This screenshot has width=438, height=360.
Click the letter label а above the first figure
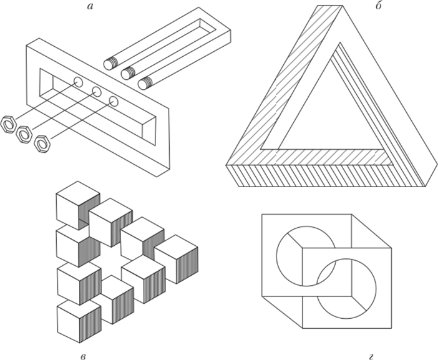coord(89,6)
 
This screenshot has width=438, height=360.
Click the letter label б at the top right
coord(379,6)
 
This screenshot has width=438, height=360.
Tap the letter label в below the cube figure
coord(83,357)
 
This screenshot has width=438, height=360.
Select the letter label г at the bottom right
coord(371,357)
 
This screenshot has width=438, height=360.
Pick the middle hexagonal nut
coord(24,134)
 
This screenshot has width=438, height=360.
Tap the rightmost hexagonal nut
coord(42,144)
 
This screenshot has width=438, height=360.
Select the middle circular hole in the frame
coord(96,92)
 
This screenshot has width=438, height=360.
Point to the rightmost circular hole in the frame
coord(114,101)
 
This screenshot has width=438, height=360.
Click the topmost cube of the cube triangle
coord(78,205)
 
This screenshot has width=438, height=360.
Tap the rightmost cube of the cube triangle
coord(176,259)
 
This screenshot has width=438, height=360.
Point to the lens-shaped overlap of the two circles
coord(326,273)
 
